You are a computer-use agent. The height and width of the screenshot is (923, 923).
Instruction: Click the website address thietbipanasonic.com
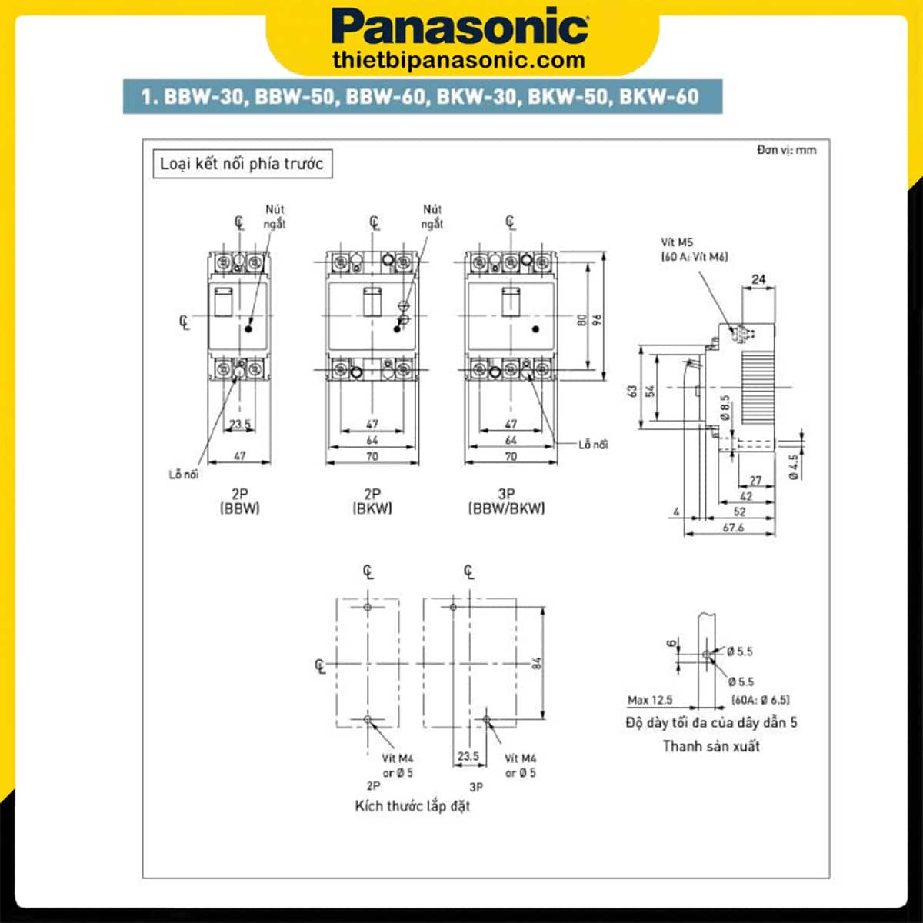click(460, 59)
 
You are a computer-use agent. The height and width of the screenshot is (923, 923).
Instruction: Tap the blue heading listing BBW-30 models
click(420, 97)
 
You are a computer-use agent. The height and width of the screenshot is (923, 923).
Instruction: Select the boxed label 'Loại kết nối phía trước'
click(242, 164)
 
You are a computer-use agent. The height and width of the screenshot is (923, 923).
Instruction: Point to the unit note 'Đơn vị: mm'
click(785, 150)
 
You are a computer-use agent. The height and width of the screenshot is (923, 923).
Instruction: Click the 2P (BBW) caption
click(240, 501)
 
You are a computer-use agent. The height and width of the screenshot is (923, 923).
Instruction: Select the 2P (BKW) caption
click(372, 501)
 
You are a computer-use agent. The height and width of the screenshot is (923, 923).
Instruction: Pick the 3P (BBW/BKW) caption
click(507, 501)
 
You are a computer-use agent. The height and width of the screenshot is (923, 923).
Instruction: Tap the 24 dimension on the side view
click(758, 279)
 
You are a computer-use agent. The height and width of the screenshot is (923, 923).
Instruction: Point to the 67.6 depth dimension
click(733, 528)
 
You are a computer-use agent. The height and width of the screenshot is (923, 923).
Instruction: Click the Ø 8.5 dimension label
click(725, 407)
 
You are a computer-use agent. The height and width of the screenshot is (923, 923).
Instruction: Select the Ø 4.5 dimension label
click(794, 466)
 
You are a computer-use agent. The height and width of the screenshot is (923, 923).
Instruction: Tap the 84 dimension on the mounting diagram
click(537, 662)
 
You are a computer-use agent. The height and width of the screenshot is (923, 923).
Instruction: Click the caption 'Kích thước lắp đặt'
click(412, 806)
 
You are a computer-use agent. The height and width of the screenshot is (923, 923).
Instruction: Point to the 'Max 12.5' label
click(650, 700)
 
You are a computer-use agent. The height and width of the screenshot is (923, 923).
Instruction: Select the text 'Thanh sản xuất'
click(711, 746)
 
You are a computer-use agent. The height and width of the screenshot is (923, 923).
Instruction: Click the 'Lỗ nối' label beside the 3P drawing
click(593, 445)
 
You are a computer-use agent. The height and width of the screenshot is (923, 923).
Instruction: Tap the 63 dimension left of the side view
click(632, 391)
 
